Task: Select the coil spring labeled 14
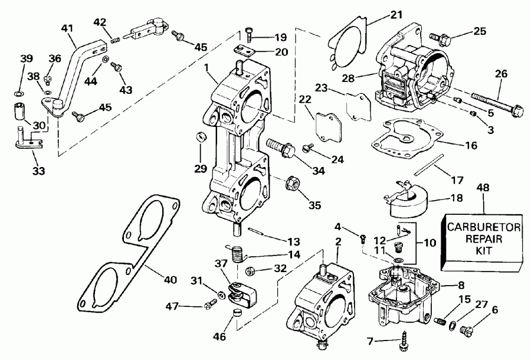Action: click(x=237, y=255)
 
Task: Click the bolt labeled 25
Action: click(x=440, y=39)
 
